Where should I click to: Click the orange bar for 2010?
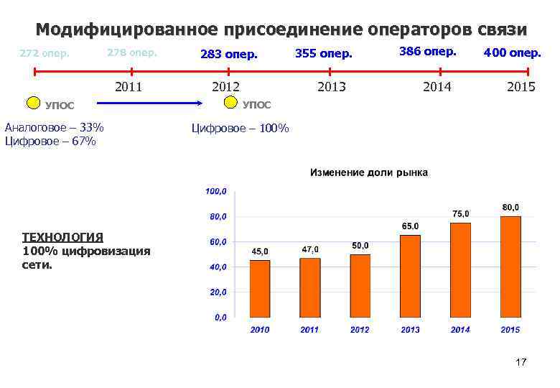click(259, 289)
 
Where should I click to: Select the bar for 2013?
click(410, 276)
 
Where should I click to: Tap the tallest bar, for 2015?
click(510, 267)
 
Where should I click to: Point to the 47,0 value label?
click(310, 249)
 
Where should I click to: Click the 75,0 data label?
click(460, 213)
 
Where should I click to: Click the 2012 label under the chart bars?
click(360, 330)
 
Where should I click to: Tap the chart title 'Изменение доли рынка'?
click(368, 172)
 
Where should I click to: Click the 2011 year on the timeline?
click(130, 88)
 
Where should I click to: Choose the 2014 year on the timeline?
click(437, 87)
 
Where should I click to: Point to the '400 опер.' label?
click(513, 52)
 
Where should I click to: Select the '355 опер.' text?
click(324, 54)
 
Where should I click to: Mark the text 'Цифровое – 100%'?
click(240, 129)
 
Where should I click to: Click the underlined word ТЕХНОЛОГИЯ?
click(62, 236)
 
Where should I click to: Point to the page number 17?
click(521, 362)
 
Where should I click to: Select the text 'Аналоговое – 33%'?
click(54, 128)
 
